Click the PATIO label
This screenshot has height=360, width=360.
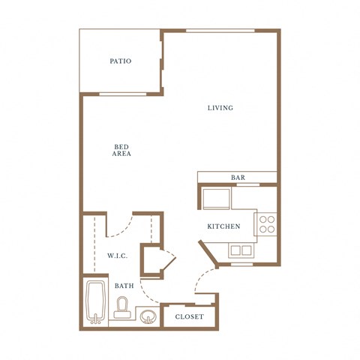[x=120, y=61]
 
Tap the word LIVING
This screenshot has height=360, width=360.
[x=220, y=108]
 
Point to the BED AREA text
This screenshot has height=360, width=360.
[x=121, y=150]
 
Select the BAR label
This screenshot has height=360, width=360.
[x=238, y=178]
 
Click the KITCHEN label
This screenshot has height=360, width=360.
[x=223, y=226]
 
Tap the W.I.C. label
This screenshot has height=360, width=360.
[x=117, y=256]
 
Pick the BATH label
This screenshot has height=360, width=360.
[x=124, y=286]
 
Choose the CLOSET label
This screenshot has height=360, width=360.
[x=189, y=317]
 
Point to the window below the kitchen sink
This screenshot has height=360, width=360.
[x=241, y=264]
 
